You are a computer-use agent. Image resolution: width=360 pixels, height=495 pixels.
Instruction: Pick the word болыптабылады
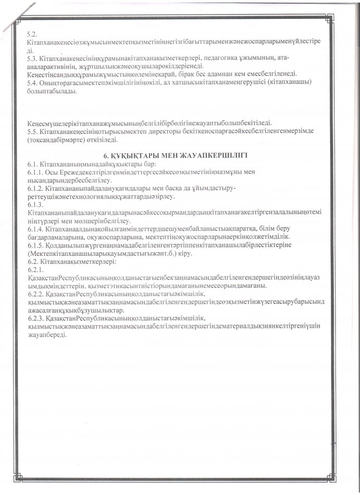(52, 92)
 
